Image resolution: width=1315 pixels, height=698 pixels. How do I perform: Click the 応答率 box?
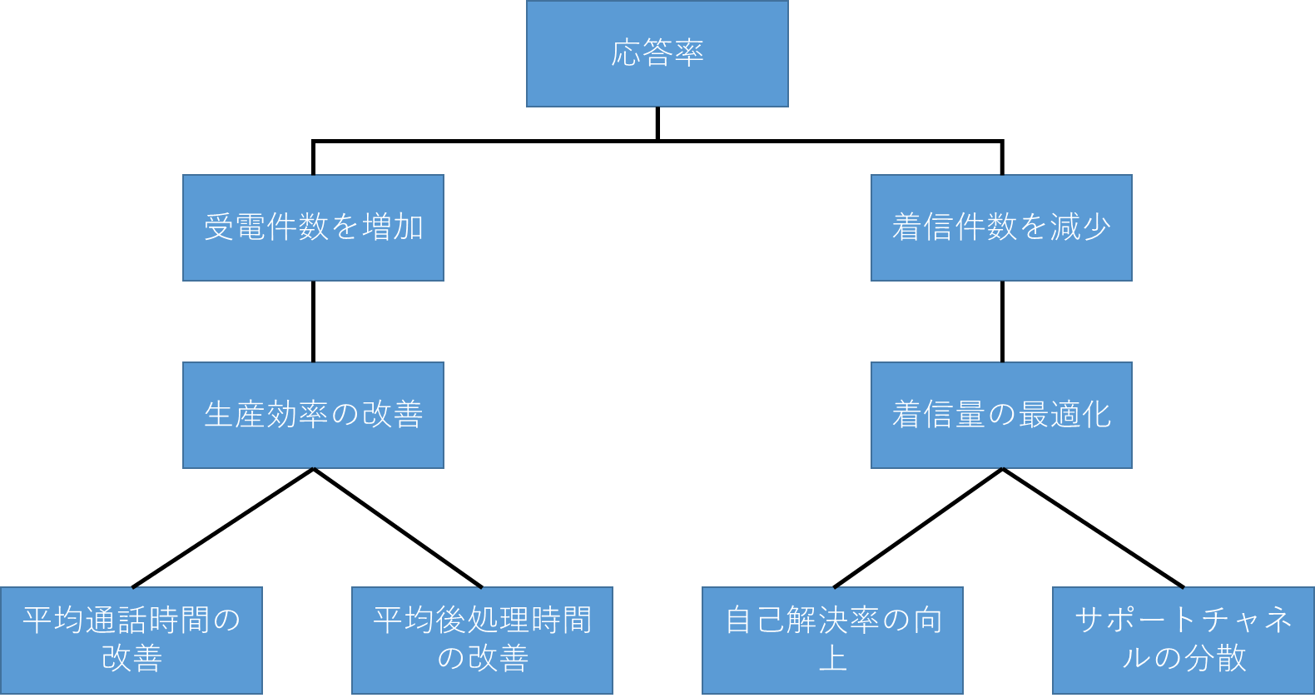coord(657,53)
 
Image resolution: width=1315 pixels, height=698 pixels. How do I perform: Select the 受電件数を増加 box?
coord(313,227)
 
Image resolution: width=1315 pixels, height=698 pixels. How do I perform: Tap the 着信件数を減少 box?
coord(1001,227)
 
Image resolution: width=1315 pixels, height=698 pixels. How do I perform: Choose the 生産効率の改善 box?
coord(313,415)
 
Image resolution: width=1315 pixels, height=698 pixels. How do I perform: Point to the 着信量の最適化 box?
coord(1001,415)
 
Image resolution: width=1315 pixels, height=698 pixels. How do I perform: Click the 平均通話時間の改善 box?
coord(131,640)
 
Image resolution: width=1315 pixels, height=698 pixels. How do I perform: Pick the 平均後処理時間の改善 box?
coord(482,640)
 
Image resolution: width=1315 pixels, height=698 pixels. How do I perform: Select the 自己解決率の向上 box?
coord(832,640)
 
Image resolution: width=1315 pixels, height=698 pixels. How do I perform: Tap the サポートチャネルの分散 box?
coord(1183,640)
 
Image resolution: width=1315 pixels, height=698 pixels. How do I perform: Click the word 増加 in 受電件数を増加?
coord(394,227)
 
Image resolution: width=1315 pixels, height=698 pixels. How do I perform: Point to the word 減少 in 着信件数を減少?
coord(1080,227)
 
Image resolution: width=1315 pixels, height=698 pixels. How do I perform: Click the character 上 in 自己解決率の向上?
coord(832,659)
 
